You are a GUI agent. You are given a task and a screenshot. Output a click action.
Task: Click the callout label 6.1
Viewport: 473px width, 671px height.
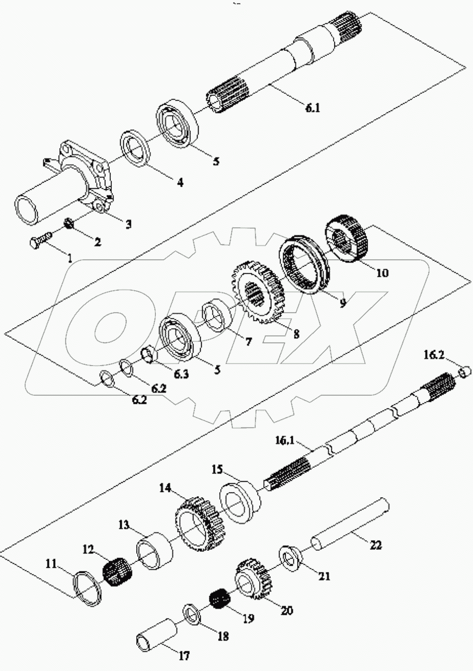click(x=313, y=108)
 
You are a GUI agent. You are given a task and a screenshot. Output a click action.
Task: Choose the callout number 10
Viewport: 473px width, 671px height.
click(x=382, y=273)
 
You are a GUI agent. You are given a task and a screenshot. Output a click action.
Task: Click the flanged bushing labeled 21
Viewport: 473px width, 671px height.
click(x=292, y=560)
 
